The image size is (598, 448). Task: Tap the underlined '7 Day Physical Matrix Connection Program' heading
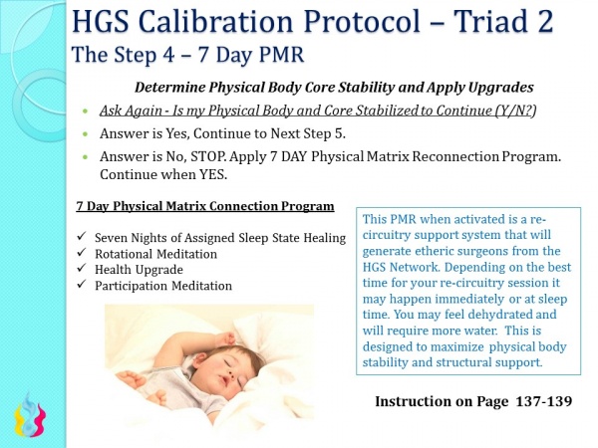[205, 207]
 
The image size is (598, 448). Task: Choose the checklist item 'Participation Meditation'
[164, 286]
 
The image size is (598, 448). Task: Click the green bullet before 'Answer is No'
[89, 156]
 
